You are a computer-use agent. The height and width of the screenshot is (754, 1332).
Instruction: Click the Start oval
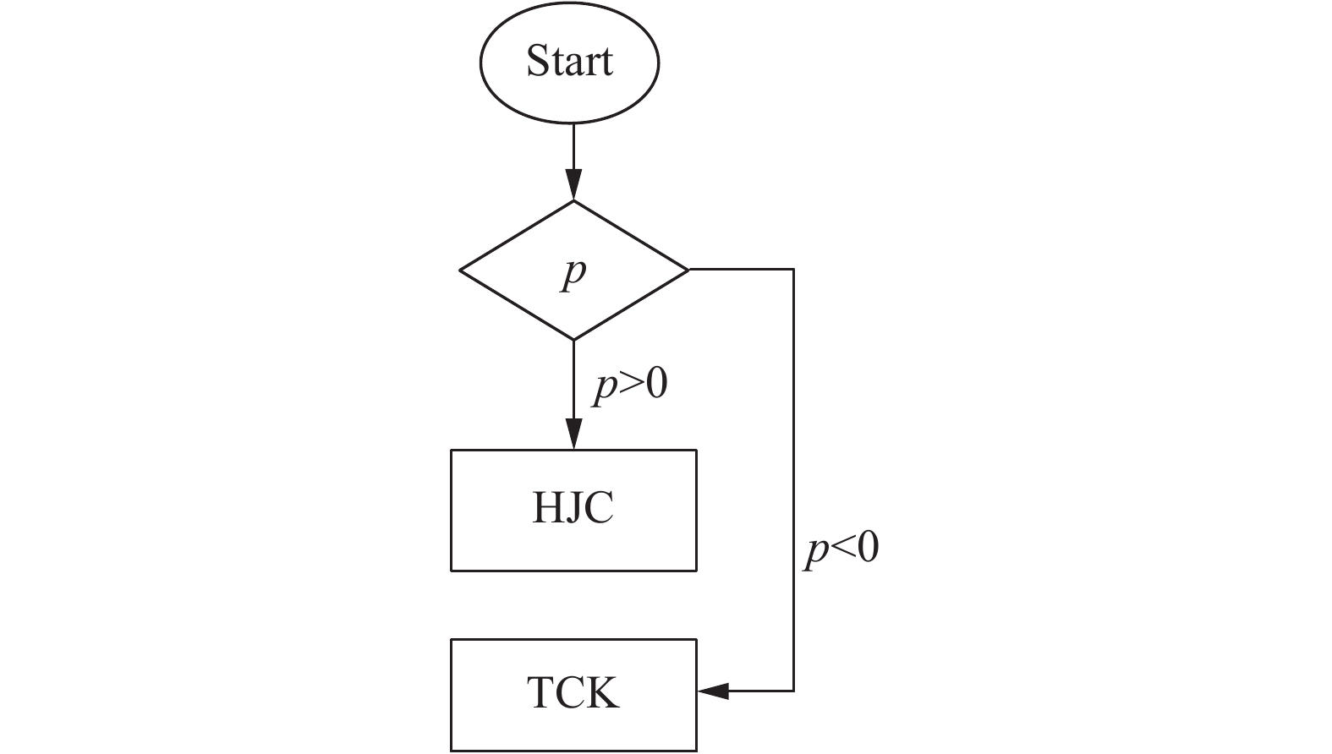[x=569, y=63]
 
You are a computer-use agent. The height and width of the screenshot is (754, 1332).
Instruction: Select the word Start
[x=569, y=61]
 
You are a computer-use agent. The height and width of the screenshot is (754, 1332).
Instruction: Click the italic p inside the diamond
[x=574, y=272]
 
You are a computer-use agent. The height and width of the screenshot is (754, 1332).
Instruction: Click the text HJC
[x=573, y=509]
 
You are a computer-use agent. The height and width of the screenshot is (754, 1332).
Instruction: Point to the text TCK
[x=573, y=692]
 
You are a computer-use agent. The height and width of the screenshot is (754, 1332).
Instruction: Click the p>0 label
[x=630, y=385]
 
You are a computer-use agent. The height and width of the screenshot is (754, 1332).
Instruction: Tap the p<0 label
[x=841, y=549]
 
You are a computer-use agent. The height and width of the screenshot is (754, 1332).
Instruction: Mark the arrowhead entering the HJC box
[x=574, y=435]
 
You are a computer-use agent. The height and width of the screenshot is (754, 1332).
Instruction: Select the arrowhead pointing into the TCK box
[x=713, y=691]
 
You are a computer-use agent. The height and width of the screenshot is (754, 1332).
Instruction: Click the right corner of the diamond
[x=688, y=270]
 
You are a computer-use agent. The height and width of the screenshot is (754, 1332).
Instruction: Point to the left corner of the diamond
[x=461, y=270]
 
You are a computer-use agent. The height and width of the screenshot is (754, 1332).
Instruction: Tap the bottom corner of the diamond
[x=574, y=339]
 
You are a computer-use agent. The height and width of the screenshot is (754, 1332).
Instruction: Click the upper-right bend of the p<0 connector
[x=793, y=270]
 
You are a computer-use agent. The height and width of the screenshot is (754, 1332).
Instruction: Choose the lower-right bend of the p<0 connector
[x=793, y=691]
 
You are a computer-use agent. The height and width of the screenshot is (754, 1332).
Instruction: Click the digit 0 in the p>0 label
[x=656, y=385]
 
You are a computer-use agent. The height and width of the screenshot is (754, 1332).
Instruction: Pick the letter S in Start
[x=537, y=61]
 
